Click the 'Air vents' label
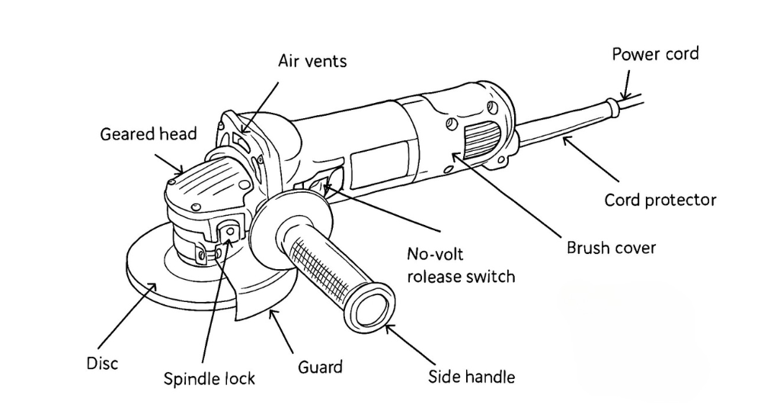click(x=312, y=60)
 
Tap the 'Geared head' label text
click(x=149, y=134)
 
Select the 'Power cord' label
click(x=655, y=54)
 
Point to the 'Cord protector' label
click(x=660, y=200)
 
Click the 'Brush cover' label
click(x=611, y=248)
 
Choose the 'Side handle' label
click(x=472, y=376)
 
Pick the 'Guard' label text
click(x=320, y=367)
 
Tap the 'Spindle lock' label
click(x=209, y=378)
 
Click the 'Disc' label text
click(x=102, y=363)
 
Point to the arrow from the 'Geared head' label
click(x=170, y=162)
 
